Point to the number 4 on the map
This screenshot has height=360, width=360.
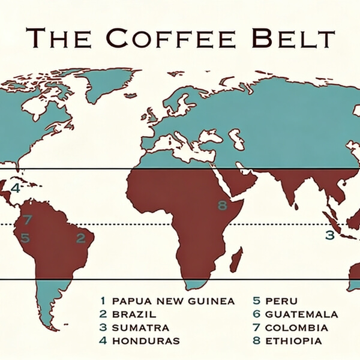point(16,188)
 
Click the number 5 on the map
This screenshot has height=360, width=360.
point(25,238)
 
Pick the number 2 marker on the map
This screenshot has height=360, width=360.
point(80,238)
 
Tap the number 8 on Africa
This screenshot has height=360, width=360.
point(223,206)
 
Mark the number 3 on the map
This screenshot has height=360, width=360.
point(329,235)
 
